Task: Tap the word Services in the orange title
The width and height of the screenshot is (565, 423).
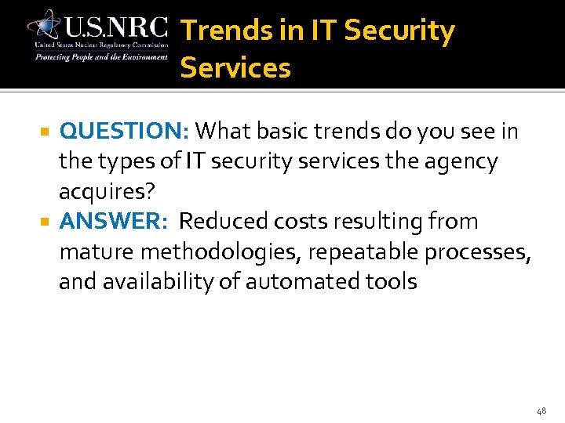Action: [235, 68]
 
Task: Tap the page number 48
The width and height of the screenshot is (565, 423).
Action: [541, 410]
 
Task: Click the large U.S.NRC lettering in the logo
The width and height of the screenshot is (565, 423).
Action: [116, 28]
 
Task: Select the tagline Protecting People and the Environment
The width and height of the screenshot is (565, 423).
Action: [100, 56]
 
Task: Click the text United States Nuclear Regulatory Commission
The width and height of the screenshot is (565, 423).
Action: [100, 45]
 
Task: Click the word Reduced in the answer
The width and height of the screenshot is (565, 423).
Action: [223, 222]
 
